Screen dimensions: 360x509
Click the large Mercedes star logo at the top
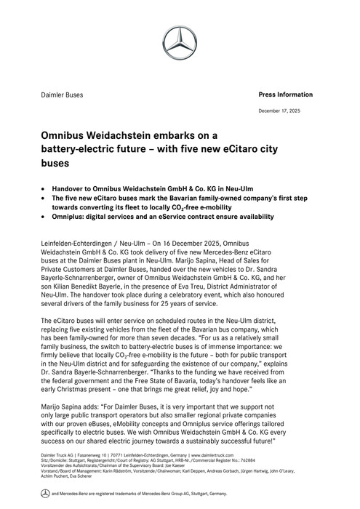click(x=180, y=39)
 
